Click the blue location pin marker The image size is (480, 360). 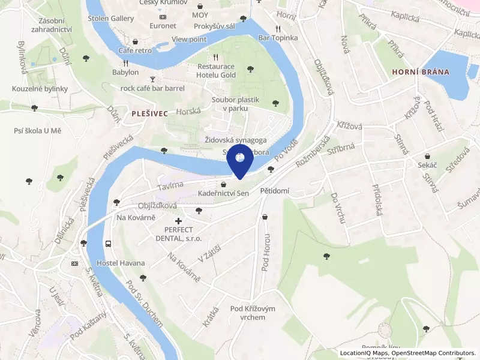(239, 160)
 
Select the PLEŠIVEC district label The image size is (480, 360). (145, 112)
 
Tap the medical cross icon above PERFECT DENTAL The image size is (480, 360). (178, 221)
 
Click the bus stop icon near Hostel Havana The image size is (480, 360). (108, 244)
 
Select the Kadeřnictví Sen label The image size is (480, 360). (223, 194)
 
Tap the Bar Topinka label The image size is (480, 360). (278, 38)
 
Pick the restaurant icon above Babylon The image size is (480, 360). (125, 62)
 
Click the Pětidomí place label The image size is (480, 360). (274, 191)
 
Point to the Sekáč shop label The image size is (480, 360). (427, 164)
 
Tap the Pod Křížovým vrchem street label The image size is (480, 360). (253, 313)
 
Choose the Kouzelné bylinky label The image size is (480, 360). (40, 89)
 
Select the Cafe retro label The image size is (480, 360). (135, 50)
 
